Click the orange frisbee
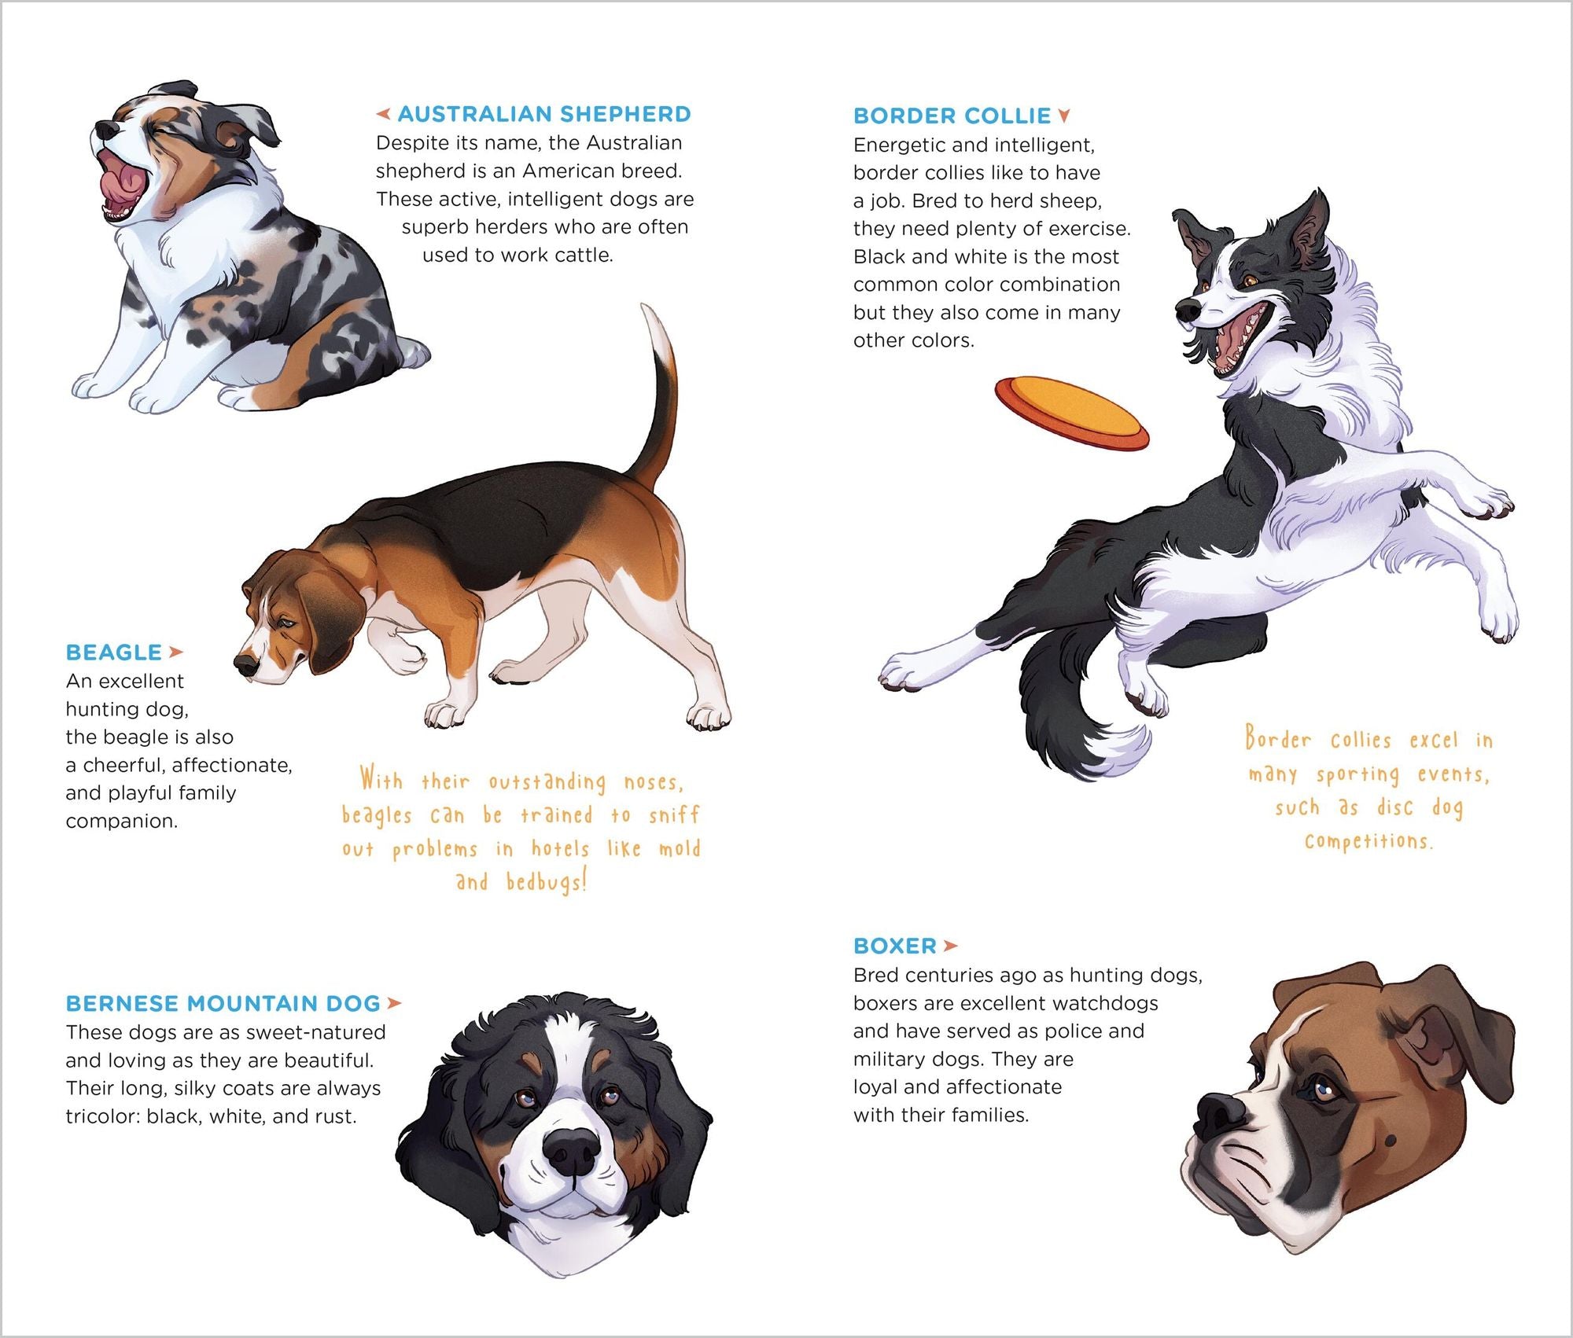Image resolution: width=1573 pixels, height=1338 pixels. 1071,413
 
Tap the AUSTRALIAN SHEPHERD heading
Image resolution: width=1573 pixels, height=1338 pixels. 543,114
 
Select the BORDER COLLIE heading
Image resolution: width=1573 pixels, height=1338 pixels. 952,116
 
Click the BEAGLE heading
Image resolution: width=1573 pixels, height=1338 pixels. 113,652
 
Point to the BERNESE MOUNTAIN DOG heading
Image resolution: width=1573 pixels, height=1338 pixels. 223,1004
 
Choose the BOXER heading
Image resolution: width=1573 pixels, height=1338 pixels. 895,946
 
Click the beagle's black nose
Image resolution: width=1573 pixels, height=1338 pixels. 245,664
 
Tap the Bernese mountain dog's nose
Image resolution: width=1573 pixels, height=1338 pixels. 572,1149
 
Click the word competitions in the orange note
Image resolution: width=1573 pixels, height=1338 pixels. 1369,842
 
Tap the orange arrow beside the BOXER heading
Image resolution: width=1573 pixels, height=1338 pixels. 950,946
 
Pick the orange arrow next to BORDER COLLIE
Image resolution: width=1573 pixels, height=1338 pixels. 1064,116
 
